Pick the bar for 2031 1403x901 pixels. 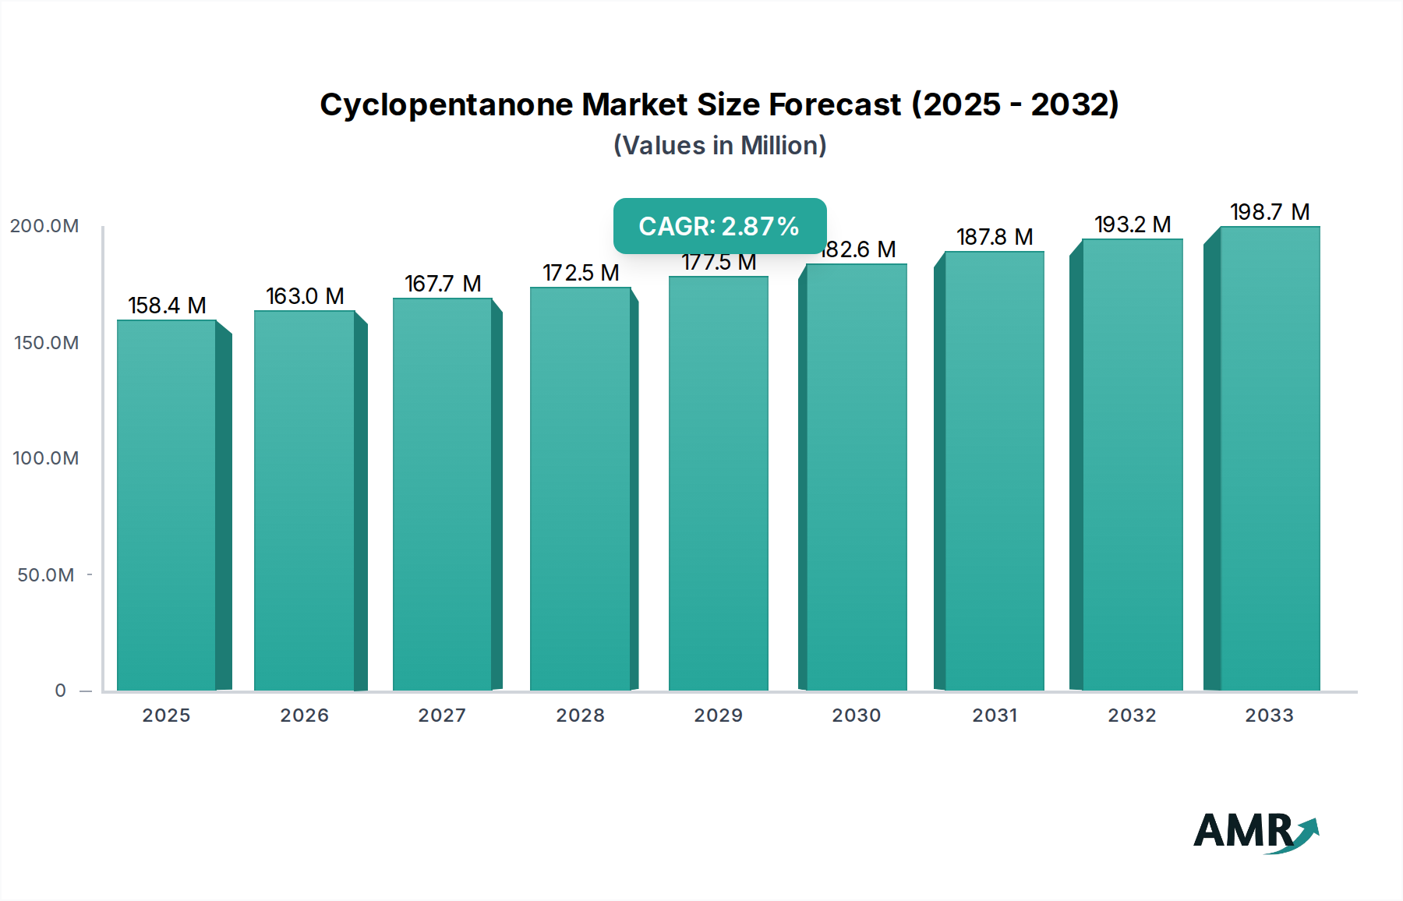[995, 471]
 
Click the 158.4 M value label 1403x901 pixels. [167, 306]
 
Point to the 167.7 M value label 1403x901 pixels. [443, 284]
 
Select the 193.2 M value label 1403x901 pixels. [1133, 224]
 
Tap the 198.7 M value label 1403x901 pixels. [1270, 212]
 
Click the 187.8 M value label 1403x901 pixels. [995, 237]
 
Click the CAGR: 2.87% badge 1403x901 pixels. [719, 226]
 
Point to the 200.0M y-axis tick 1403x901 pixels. [44, 226]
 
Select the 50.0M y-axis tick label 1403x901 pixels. [46, 575]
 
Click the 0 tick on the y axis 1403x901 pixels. [61, 691]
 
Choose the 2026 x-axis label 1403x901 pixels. [304, 715]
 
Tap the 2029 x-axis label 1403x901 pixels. [718, 715]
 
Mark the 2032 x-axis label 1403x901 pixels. [1132, 715]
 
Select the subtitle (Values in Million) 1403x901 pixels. [719, 146]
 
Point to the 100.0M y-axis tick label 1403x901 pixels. [46, 458]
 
